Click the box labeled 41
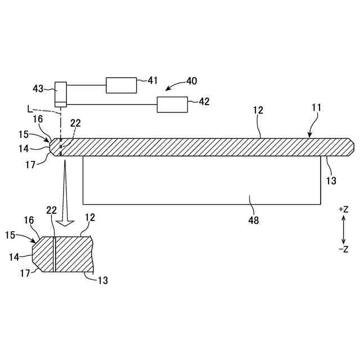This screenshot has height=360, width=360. coord(121,85)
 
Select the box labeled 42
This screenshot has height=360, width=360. coord(173,104)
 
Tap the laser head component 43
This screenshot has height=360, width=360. coord(60,94)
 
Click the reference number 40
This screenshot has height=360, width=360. coord(191,81)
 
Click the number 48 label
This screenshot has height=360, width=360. coord(254,220)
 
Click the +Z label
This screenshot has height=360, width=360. coord(344,209)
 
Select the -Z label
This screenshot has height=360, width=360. coord(344,249)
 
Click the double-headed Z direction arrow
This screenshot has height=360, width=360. coord(344,229)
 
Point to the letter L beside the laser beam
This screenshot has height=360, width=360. coord(29,107)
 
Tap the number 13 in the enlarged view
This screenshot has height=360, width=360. coord(102,280)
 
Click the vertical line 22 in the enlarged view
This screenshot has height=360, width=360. coord(55,254)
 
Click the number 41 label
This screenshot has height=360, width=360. coord(153,81)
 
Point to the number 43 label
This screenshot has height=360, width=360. coord(39,88)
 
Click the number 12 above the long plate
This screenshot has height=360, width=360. coord(258,110)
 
